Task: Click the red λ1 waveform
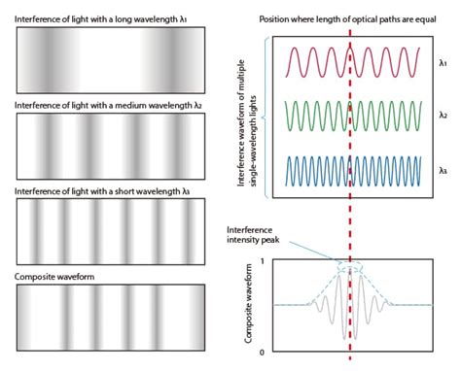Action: (x=321, y=63)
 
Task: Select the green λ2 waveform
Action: (x=321, y=117)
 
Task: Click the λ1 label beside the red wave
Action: (x=443, y=63)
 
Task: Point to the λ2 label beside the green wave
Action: (x=443, y=116)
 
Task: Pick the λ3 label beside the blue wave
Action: (x=443, y=169)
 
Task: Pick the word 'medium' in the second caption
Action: (x=133, y=104)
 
